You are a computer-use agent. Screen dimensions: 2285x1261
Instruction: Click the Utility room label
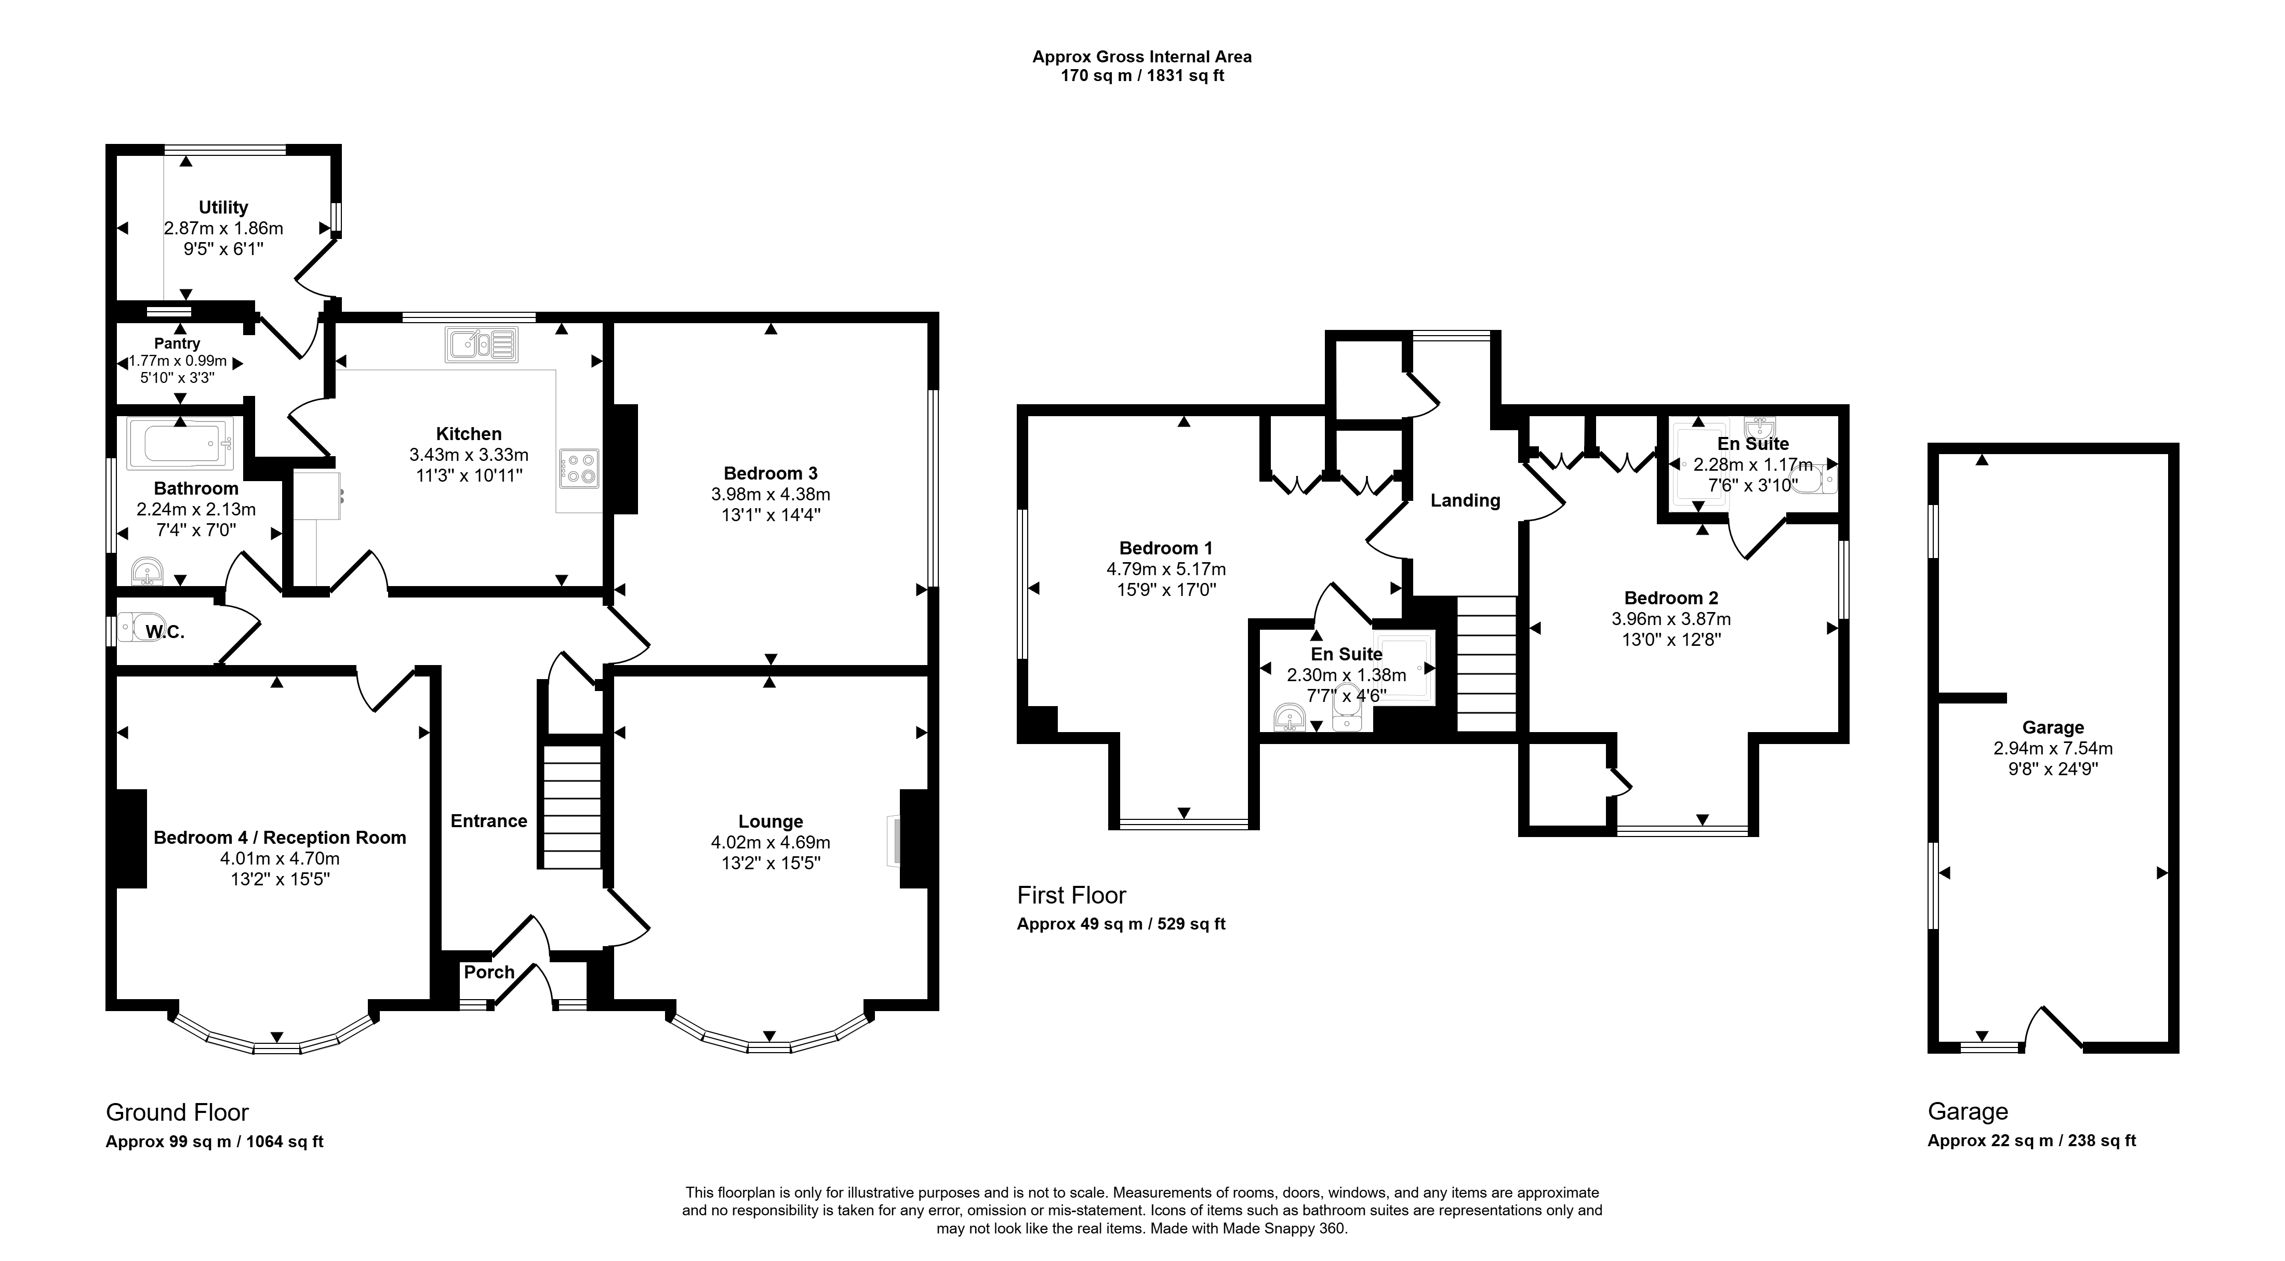tap(223, 207)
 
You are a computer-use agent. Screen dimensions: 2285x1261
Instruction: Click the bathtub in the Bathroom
tap(180, 443)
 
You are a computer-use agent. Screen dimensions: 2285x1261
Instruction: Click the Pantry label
tap(177, 343)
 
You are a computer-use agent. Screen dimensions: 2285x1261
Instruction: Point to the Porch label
tap(489, 972)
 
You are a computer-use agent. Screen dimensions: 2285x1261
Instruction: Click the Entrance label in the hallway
tap(489, 821)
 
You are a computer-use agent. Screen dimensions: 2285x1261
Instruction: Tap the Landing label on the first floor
tap(1465, 500)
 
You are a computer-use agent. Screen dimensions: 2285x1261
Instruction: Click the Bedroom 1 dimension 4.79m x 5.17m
tap(1165, 569)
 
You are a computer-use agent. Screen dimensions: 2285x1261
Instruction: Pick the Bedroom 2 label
tap(1671, 598)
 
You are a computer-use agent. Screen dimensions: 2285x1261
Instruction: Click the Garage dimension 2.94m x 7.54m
tap(2053, 748)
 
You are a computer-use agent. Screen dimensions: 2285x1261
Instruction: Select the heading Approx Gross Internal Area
tap(1141, 57)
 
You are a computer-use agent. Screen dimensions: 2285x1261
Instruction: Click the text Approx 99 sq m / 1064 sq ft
tap(215, 1141)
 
